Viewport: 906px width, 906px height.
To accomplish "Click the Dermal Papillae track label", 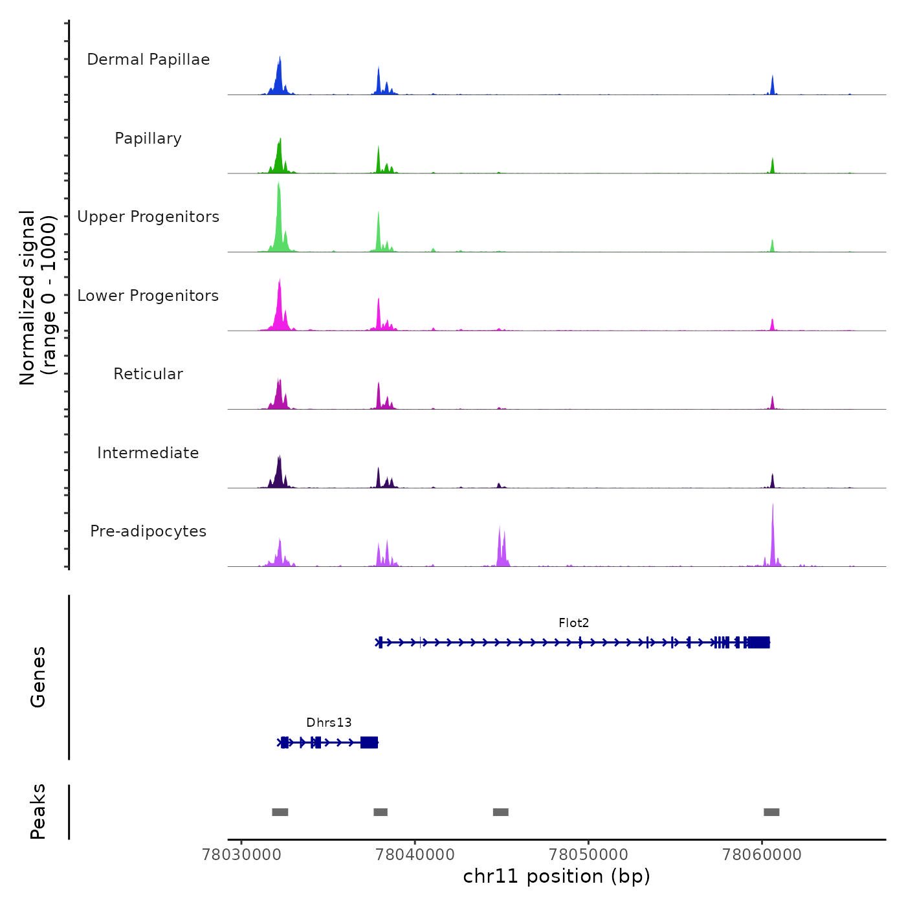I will tap(148, 60).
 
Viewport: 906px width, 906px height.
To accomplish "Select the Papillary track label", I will tap(148, 138).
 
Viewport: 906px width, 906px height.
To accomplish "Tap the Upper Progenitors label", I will tap(148, 217).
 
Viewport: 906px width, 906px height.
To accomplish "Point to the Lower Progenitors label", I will tap(148, 296).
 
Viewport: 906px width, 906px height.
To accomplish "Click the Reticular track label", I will tap(148, 374).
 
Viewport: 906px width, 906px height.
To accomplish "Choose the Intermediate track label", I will tap(148, 453).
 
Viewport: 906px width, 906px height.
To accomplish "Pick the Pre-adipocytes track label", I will tap(148, 531).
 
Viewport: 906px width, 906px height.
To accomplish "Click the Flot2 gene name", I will tap(573, 623).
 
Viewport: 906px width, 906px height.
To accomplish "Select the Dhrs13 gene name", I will tap(329, 723).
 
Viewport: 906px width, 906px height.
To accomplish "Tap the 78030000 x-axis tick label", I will tap(241, 855).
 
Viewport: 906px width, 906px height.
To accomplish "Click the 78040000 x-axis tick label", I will tap(415, 855).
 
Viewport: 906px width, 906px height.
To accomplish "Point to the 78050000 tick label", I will tap(588, 855).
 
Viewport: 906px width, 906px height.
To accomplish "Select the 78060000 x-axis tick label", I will tap(762, 855).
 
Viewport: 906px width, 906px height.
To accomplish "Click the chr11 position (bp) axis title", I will tap(557, 877).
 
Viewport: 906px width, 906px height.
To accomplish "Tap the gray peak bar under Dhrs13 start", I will tap(280, 812).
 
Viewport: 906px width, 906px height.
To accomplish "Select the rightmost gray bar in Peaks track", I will tap(771, 812).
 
